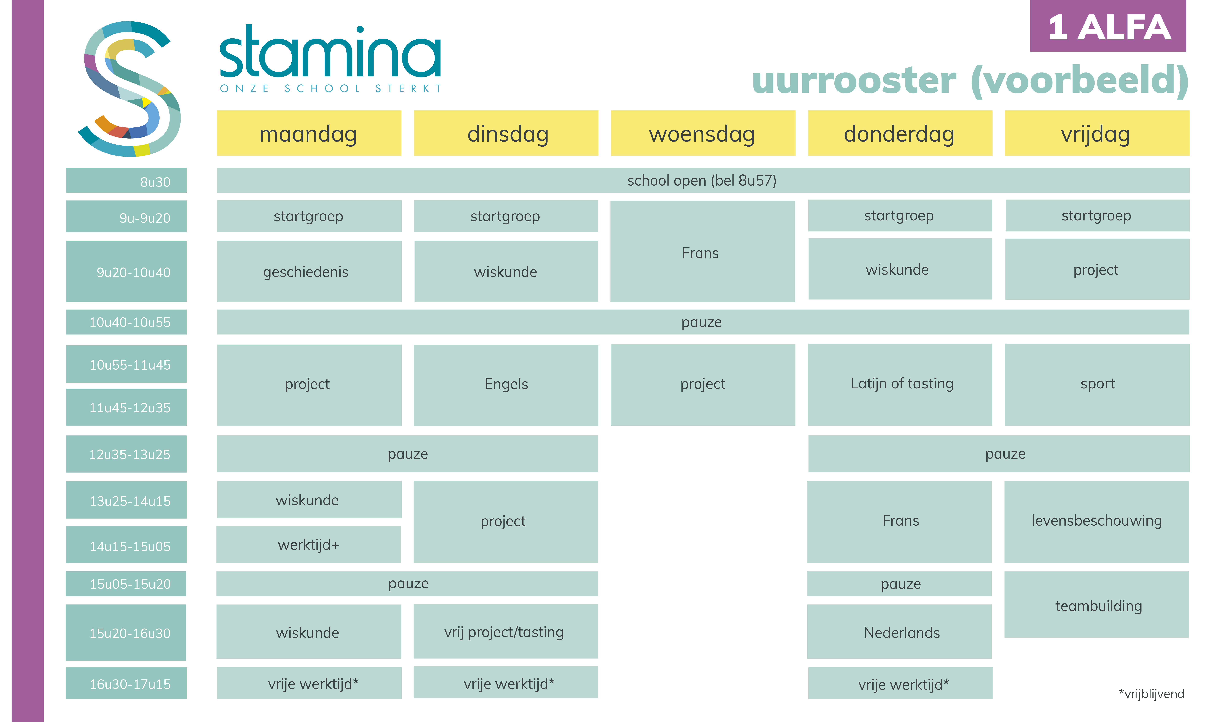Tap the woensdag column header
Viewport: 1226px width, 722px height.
click(x=702, y=133)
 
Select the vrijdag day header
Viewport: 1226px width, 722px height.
click(x=1097, y=133)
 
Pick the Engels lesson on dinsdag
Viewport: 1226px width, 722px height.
click(x=506, y=384)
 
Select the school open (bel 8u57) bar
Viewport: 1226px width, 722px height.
click(x=702, y=180)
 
